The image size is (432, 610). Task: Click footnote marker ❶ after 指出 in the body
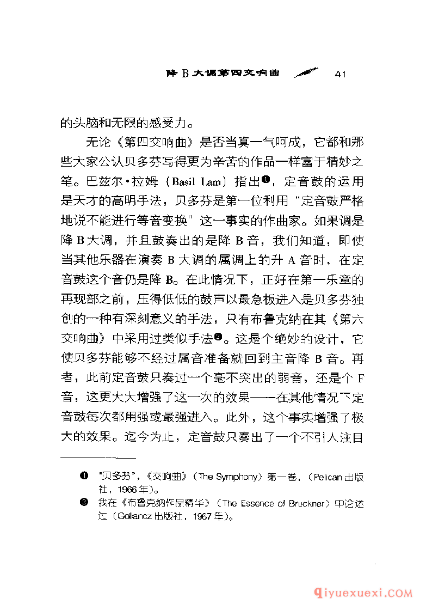(x=266, y=179)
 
